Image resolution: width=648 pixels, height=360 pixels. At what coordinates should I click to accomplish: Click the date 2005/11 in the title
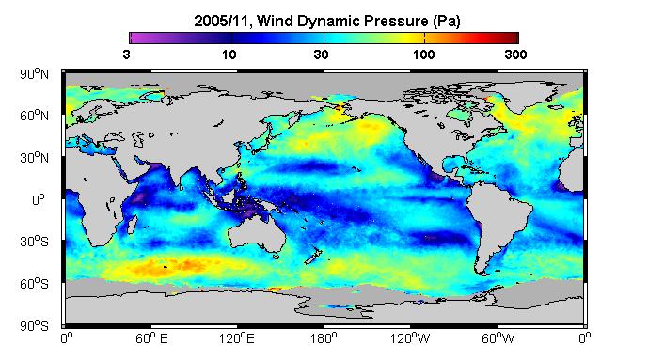pyautogui.click(x=221, y=21)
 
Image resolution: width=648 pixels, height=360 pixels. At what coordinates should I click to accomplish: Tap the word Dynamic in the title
pyautogui.click(x=324, y=21)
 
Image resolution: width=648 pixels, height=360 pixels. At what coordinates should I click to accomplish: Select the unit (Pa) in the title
pyautogui.click(x=447, y=21)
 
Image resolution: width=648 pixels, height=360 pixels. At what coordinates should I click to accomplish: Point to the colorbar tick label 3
pyautogui.click(x=126, y=55)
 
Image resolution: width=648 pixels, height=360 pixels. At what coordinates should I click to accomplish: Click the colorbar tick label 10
pyautogui.click(x=229, y=55)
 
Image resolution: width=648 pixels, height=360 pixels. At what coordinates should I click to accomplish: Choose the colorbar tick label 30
pyautogui.click(x=321, y=55)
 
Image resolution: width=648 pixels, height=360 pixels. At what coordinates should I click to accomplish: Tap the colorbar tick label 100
pyautogui.click(x=423, y=55)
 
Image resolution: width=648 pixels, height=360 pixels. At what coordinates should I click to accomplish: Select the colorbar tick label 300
pyautogui.click(x=515, y=55)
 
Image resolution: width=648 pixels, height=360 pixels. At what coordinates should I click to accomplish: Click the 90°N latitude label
pyautogui.click(x=34, y=74)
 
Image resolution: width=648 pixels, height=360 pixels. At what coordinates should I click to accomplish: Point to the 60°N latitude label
pyautogui.click(x=34, y=116)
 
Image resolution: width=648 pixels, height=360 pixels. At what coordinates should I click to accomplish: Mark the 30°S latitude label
pyautogui.click(x=34, y=242)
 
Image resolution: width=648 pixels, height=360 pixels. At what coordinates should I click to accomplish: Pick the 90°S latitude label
pyautogui.click(x=34, y=326)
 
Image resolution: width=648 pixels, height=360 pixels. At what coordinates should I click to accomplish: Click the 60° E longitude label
pyautogui.click(x=151, y=338)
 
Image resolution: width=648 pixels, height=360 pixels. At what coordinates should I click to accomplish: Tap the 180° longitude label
pyautogui.click(x=324, y=338)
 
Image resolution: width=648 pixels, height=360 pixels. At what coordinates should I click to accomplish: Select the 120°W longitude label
pyautogui.click(x=410, y=338)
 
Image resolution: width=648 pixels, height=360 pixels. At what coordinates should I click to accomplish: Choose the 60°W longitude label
pyautogui.click(x=498, y=338)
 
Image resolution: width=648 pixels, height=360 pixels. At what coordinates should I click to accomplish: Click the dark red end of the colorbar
pyautogui.click(x=514, y=38)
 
